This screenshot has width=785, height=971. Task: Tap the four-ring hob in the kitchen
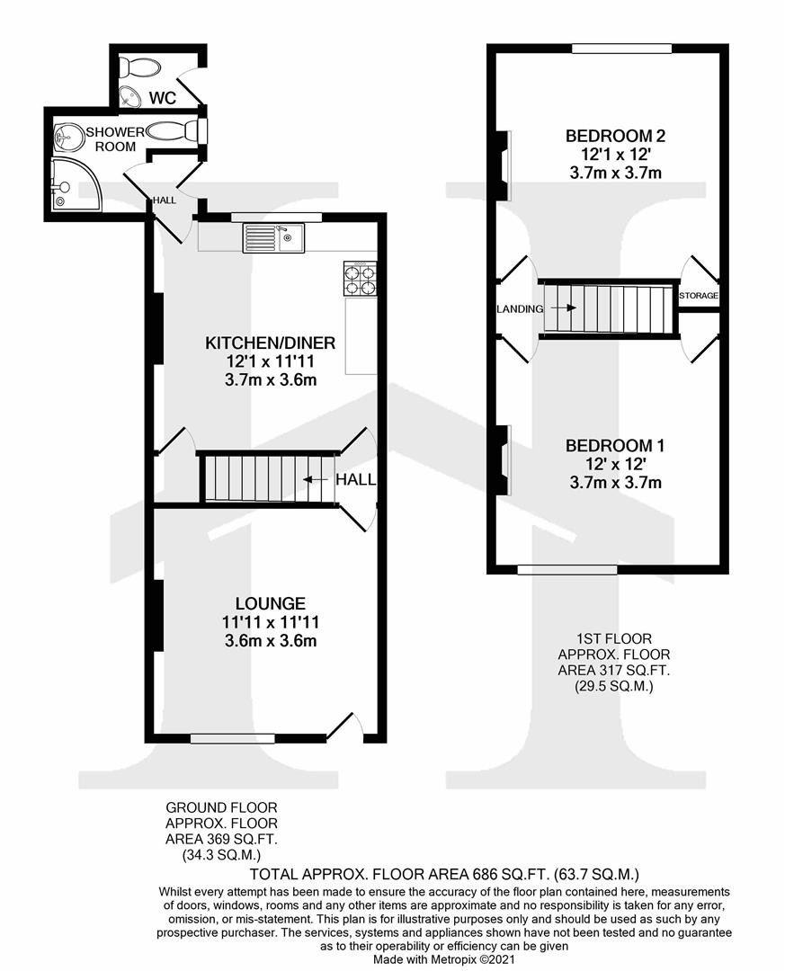[358, 279]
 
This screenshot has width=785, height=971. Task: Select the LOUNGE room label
[271, 603]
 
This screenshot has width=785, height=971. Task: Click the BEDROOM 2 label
[616, 136]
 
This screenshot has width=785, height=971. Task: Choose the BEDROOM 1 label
[616, 445]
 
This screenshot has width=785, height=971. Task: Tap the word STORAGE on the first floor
[699, 296]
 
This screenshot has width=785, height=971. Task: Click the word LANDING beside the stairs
[520, 308]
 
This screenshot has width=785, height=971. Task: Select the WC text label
[163, 98]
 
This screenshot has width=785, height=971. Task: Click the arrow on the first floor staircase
[564, 307]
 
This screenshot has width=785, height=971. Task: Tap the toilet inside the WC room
[140, 67]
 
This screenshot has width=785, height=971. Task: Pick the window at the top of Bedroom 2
[621, 48]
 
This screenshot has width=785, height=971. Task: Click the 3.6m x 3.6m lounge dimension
[271, 641]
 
